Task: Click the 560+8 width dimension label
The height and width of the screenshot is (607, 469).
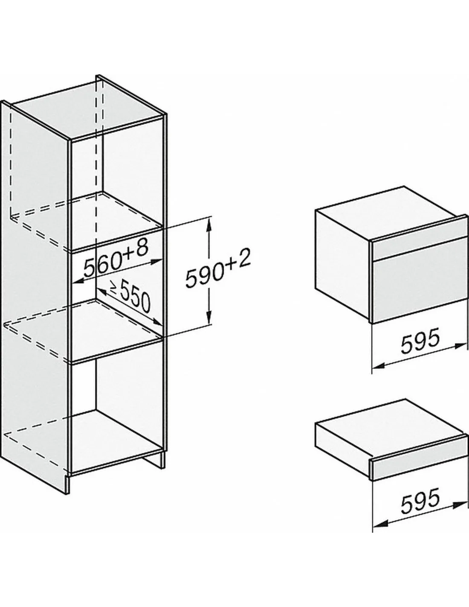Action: (116, 259)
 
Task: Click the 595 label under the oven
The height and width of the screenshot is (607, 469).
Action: (420, 340)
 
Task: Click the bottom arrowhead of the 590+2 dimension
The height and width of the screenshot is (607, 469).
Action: (208, 319)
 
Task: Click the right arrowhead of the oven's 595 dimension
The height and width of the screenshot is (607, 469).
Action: (460, 346)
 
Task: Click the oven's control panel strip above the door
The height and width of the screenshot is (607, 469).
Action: (420, 242)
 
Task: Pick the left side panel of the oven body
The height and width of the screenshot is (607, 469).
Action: (343, 266)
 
